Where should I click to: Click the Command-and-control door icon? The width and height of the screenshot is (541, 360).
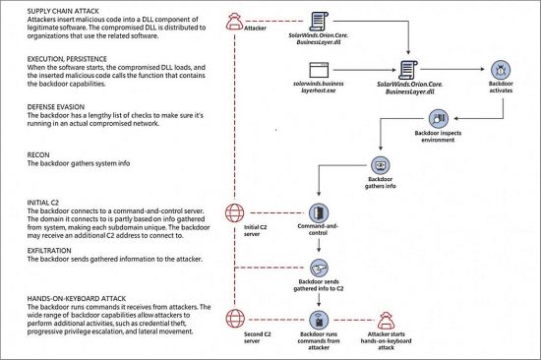[317, 213]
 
